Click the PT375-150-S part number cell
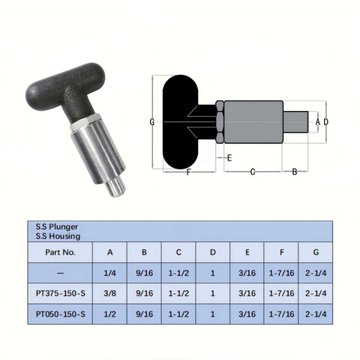click(60, 293)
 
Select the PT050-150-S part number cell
click(60, 314)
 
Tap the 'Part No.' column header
click(60, 253)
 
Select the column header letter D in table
click(213, 253)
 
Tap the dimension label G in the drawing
click(152, 121)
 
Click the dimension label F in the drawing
click(187, 172)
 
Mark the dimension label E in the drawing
click(229, 158)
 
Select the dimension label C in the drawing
click(252, 172)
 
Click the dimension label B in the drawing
click(294, 172)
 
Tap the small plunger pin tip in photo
click(114, 185)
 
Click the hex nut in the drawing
click(219, 121)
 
